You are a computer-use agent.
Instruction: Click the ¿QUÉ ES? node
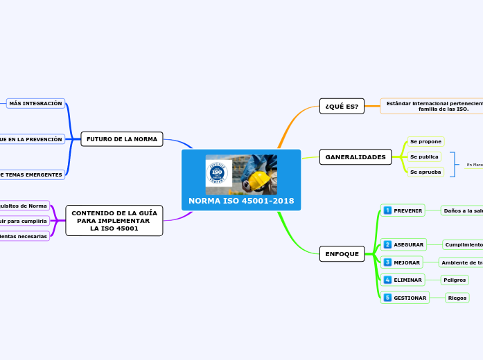[x=342, y=106]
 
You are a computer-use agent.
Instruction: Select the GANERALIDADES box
[x=355, y=157]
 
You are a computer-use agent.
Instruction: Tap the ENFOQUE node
[x=342, y=254]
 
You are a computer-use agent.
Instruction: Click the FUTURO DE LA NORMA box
[x=121, y=139]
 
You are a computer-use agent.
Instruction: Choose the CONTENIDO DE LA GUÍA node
[x=114, y=220]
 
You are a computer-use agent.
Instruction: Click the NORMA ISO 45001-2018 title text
[x=241, y=201]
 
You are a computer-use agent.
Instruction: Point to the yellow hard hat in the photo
[x=259, y=180]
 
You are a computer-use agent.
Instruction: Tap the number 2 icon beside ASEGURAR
[x=387, y=244]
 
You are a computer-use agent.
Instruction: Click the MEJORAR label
[x=407, y=263]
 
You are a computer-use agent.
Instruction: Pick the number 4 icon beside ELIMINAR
[x=387, y=280]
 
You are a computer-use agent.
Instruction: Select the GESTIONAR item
[x=410, y=298]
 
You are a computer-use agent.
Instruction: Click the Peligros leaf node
[x=455, y=280]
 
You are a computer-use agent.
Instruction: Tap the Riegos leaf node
[x=457, y=298]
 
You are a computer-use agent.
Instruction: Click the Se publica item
[x=424, y=156]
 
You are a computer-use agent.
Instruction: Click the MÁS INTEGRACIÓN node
[x=35, y=103]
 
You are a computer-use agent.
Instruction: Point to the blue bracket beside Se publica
[x=453, y=164]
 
